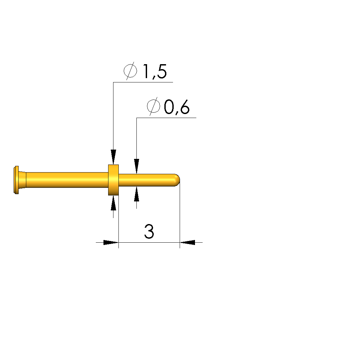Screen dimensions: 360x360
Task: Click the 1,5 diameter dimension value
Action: (x=155, y=71)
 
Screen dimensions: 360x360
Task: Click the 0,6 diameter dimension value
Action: (x=177, y=107)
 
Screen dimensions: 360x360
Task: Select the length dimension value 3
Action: (x=149, y=231)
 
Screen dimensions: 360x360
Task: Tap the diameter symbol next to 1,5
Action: (x=130, y=71)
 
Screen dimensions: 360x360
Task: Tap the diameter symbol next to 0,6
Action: (x=153, y=106)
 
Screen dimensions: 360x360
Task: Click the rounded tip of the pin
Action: (x=177, y=180)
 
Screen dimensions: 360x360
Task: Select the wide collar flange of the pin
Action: (x=113, y=180)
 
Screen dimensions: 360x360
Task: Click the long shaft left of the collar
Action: (x=67, y=180)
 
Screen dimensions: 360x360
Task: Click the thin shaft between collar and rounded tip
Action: (x=147, y=180)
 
